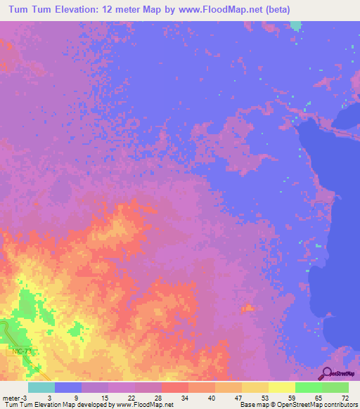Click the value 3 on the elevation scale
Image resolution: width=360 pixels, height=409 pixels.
click(x=49, y=397)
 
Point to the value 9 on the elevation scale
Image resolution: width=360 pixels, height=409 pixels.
click(x=76, y=397)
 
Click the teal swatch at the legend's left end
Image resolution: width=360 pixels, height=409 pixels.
click(x=41, y=387)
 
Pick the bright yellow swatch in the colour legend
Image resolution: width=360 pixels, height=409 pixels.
click(x=282, y=387)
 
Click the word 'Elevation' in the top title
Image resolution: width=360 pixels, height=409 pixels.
click(x=75, y=9)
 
